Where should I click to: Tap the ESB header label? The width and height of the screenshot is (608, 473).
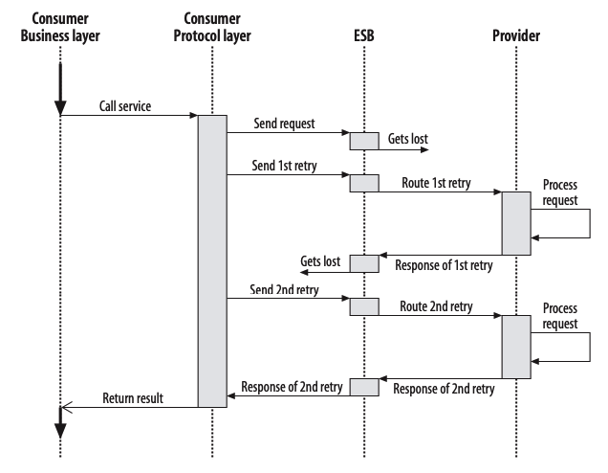point(364,36)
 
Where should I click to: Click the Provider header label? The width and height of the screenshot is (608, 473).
point(516,36)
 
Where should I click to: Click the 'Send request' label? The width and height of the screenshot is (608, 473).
point(284,124)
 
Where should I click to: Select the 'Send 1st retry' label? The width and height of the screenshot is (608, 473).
point(286,165)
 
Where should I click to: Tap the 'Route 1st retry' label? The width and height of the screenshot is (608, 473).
point(438,181)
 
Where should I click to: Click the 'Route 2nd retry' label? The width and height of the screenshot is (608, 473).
point(438,306)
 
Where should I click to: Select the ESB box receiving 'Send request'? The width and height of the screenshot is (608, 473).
point(364,142)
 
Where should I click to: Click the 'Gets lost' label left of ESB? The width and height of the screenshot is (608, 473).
point(320,260)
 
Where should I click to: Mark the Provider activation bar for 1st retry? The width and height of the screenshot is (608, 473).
point(516,222)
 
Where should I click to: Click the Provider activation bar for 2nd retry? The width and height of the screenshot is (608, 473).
point(516,347)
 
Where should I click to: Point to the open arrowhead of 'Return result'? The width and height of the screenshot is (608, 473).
point(64,407)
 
